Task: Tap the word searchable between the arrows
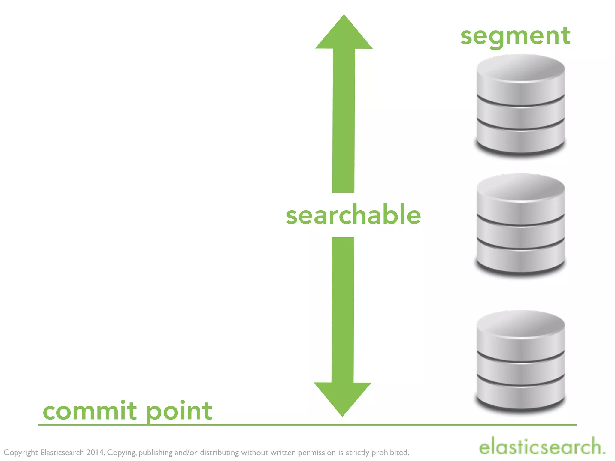click(353, 215)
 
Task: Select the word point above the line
click(179, 411)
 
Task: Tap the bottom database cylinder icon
click(520, 360)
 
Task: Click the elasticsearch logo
click(542, 447)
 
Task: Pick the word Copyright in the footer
click(21, 453)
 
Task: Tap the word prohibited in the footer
click(390, 452)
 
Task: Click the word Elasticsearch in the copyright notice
click(62, 452)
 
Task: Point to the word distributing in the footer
click(219, 453)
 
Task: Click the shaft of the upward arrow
click(344, 120)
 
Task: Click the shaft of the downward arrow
click(343, 309)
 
